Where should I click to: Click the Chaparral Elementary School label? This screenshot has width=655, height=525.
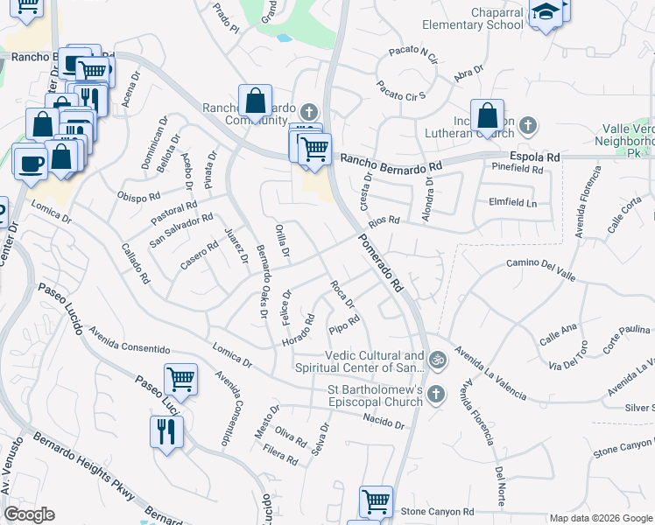click(473, 19)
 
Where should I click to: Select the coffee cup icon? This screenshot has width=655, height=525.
click(31, 164)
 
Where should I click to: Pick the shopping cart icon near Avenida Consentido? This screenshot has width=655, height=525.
click(180, 380)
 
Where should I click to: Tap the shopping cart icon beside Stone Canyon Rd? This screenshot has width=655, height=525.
click(376, 502)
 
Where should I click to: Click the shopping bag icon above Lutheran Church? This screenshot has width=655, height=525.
click(486, 115)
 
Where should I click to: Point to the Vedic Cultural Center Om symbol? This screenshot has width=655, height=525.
click(436, 359)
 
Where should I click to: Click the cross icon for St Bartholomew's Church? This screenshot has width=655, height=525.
click(437, 395)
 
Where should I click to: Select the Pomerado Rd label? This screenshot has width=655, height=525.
click(382, 262)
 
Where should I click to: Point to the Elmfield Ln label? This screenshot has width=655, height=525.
click(511, 203)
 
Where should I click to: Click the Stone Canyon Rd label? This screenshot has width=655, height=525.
click(437, 511)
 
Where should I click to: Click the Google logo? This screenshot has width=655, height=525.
click(29, 514)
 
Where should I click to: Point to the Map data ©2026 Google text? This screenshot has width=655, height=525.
click(600, 518)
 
